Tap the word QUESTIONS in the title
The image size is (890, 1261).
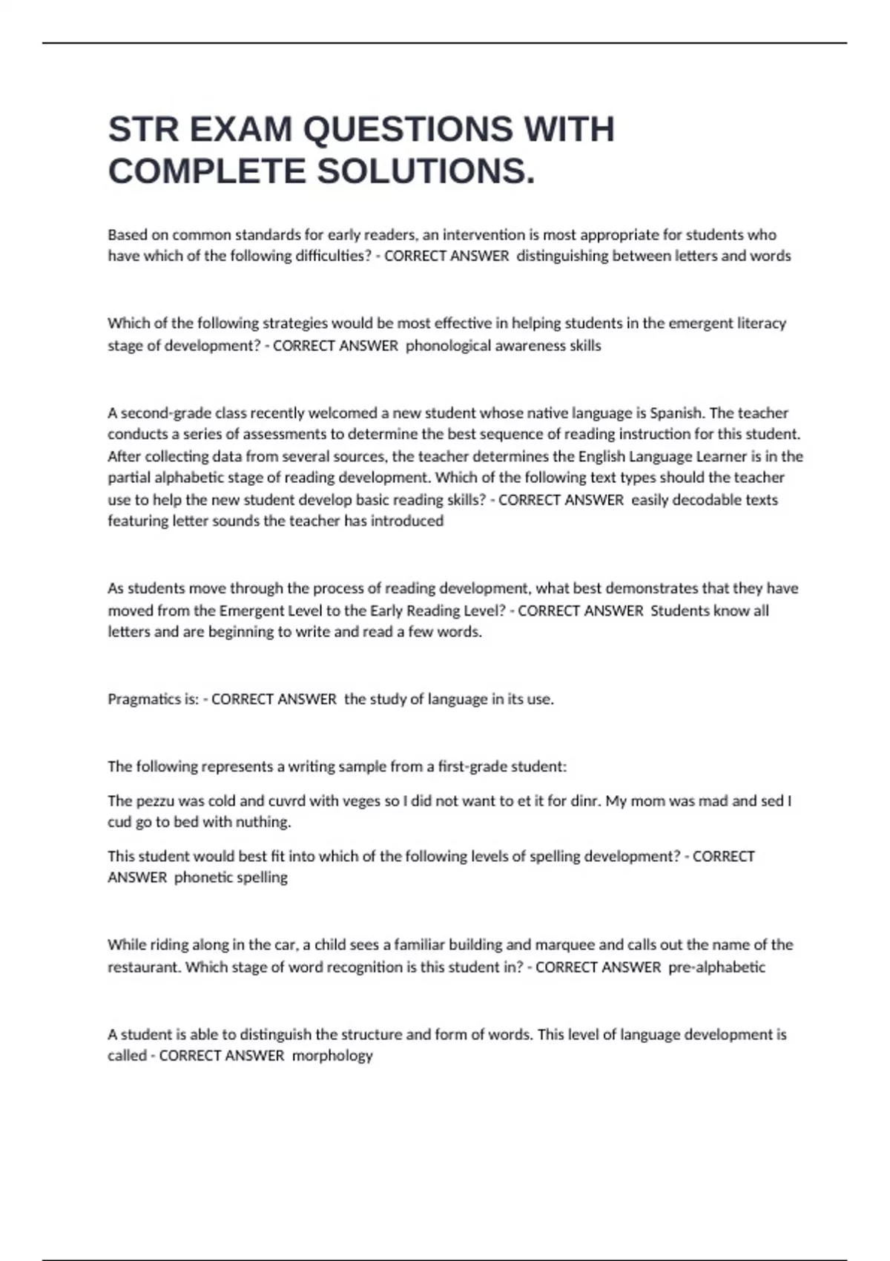click(407, 130)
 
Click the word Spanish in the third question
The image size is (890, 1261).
click(676, 412)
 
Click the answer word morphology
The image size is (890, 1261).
click(332, 1056)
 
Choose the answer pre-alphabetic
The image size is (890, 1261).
click(716, 967)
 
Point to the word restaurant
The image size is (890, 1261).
click(145, 967)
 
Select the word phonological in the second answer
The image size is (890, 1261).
click(446, 346)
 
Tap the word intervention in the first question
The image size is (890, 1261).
click(484, 235)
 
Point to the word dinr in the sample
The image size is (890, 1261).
click(585, 801)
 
